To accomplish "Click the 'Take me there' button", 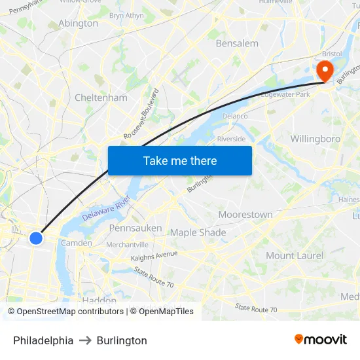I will (x=180, y=160).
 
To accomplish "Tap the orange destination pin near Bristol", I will (x=325, y=71).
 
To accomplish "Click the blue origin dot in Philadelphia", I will (x=36, y=238).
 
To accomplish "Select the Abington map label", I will (x=78, y=24).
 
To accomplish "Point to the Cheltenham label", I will (x=101, y=98).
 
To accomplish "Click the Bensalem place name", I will (x=237, y=43).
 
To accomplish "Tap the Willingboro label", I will (x=315, y=139).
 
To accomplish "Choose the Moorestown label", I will (x=245, y=215).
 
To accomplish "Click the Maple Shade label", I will (x=198, y=232).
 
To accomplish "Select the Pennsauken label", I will (x=135, y=228).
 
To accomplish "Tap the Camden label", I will (x=72, y=243).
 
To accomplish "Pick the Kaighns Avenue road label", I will (x=154, y=256).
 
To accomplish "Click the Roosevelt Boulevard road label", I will (x=141, y=113).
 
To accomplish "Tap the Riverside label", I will (x=231, y=139).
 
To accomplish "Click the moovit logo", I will (x=320, y=340).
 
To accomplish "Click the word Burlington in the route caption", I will (x=122, y=340).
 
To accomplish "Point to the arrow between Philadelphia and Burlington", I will (x=85, y=340).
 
